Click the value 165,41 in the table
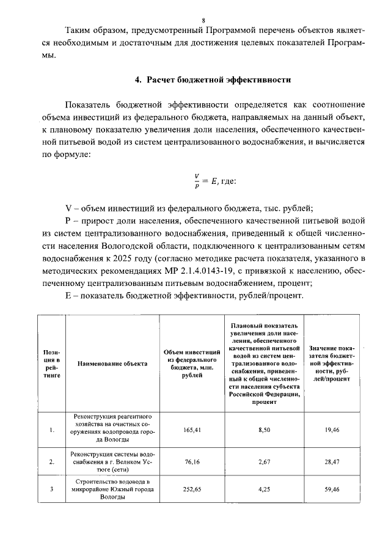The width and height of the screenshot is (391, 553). [192, 430]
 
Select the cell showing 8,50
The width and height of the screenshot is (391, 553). [264, 430]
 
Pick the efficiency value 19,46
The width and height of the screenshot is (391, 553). [333, 430]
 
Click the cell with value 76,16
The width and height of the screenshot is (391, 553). [192, 463]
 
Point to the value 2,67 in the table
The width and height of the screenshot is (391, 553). [264, 463]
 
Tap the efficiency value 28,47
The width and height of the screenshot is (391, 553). [333, 463]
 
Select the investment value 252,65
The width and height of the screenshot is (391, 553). [192, 489]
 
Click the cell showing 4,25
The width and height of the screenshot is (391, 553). [264, 489]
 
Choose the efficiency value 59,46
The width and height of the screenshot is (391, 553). [333, 489]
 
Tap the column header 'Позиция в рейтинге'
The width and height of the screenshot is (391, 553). [52, 364]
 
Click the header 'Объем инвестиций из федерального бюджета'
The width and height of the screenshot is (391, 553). [192, 364]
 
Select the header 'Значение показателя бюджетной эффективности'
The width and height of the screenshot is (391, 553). [333, 364]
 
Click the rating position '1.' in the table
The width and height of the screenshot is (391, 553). [52, 430]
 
